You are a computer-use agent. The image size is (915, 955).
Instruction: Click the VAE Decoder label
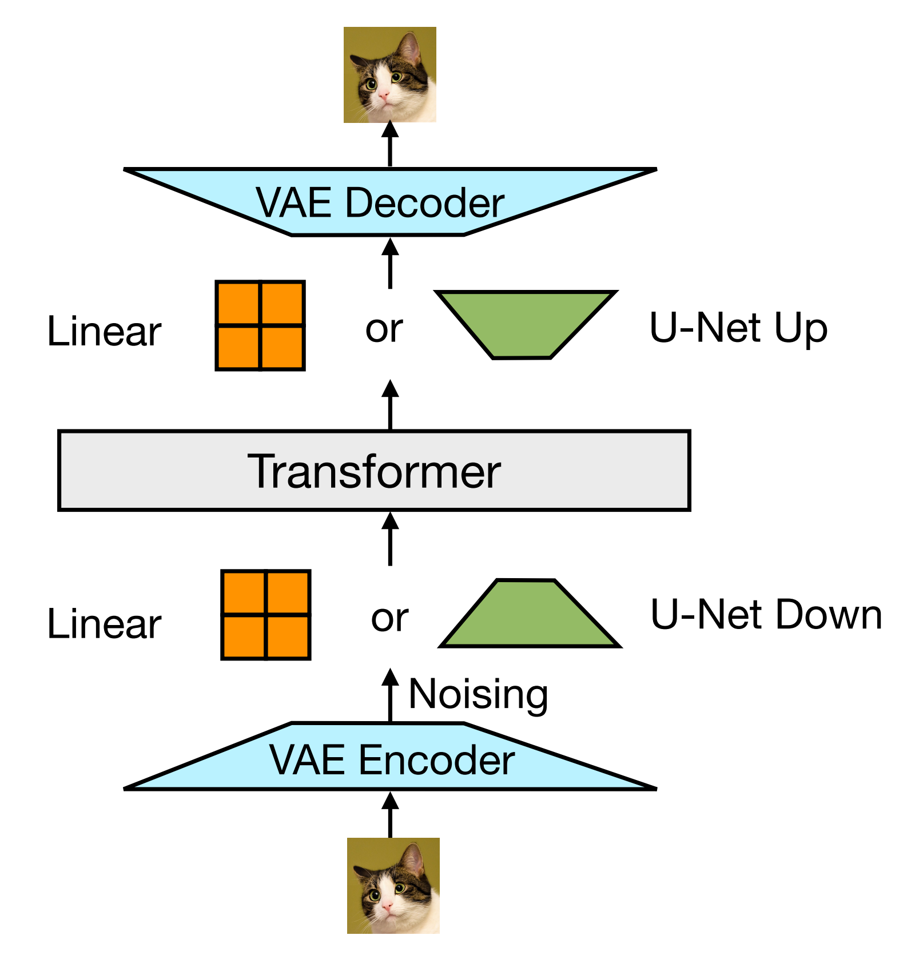(380, 202)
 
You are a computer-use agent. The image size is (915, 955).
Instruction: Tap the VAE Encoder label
(392, 760)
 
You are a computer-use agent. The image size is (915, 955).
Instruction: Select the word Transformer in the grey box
(374, 471)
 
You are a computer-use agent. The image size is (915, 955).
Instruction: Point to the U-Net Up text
(738, 329)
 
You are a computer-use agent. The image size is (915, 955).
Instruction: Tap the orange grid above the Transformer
(260, 325)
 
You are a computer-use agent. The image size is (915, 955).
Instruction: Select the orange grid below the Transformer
(266, 615)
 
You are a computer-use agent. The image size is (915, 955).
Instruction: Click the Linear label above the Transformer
(104, 331)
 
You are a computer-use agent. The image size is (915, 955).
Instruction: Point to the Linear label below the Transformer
(104, 623)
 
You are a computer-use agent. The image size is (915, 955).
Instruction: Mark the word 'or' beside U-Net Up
(384, 329)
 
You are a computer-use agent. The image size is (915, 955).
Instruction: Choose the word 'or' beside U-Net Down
(389, 618)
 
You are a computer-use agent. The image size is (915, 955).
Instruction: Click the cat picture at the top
(390, 75)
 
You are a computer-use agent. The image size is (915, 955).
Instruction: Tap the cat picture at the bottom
(393, 885)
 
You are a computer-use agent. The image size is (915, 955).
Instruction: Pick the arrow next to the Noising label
(390, 695)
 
